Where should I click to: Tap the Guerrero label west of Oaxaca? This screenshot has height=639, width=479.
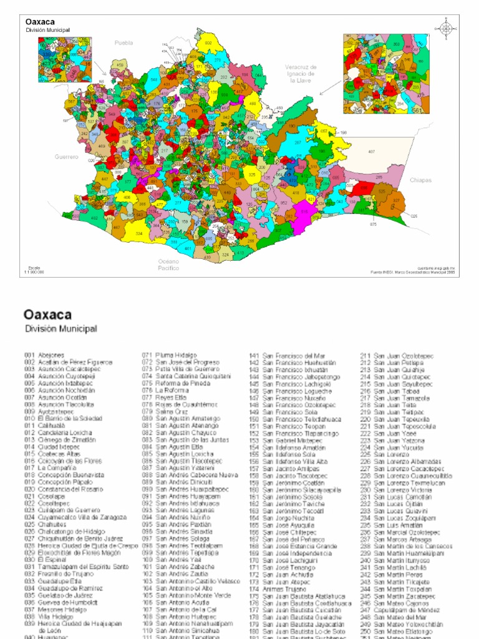pos(66,157)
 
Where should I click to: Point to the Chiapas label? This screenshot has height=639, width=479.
pos(421,180)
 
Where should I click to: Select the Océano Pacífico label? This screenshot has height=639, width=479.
pos(169,265)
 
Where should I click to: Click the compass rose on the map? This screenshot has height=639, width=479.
pos(446,28)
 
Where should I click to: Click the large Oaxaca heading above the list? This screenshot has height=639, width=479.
pos(47,315)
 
